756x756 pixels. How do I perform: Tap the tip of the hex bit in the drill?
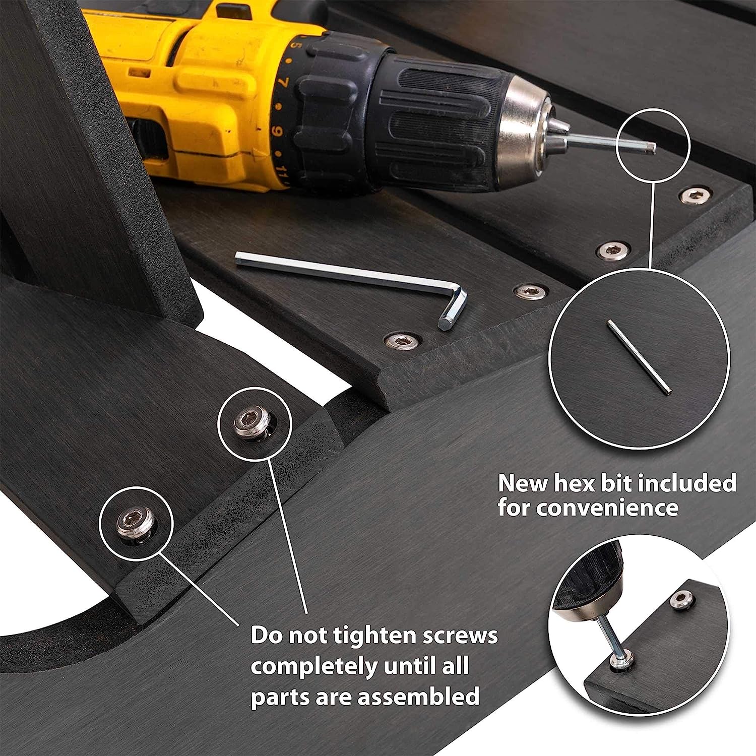(654, 148)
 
